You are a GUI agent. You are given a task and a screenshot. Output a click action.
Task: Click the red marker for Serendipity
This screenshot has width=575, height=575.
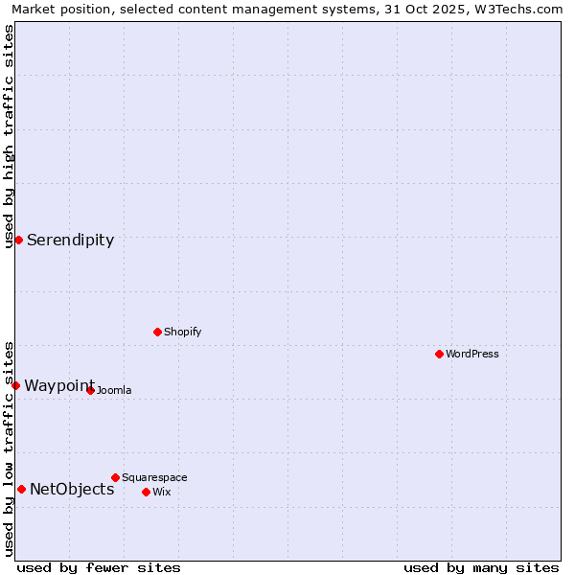18,240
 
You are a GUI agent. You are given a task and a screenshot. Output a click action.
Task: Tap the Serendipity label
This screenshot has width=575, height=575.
70,241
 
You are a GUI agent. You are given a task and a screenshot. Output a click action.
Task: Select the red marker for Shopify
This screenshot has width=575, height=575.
157,332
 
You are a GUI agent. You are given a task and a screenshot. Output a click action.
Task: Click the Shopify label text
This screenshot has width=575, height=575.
182,333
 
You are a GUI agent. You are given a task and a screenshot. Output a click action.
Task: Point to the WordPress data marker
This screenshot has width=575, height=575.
439,354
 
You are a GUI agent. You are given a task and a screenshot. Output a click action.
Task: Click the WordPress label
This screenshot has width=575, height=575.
471,355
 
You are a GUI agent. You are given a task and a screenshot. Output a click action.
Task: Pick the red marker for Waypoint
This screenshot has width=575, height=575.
15,385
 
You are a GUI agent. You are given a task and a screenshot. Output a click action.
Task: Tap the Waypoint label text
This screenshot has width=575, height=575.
58,386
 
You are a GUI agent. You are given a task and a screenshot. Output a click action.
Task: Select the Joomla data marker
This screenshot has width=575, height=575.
90,390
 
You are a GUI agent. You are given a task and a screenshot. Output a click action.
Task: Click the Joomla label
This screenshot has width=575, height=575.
113,391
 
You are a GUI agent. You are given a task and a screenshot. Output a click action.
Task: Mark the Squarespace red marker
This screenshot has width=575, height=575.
115,477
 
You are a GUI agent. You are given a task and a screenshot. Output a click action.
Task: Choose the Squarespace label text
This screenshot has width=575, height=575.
154,478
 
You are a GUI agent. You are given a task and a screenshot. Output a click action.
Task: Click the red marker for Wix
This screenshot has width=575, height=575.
146,492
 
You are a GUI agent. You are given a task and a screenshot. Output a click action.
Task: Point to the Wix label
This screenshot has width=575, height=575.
161,493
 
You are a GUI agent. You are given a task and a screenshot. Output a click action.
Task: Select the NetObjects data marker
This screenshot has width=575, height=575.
21,489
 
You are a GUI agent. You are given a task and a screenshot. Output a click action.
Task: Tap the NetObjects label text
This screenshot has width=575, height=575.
72,490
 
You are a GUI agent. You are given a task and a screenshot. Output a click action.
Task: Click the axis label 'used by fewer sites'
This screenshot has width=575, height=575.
99,567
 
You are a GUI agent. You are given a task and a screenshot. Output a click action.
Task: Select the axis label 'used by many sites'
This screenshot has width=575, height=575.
481,567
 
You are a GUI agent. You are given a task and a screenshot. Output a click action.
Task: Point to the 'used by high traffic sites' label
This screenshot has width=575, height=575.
10,136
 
